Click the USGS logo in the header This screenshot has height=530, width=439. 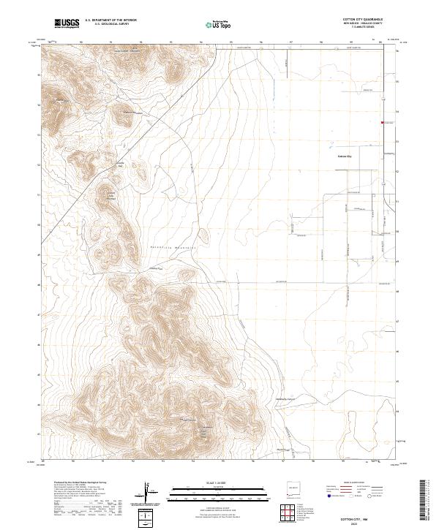click(67, 24)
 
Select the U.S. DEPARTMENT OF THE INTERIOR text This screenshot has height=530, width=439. click(110, 21)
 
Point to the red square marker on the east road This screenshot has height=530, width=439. click(381, 122)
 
